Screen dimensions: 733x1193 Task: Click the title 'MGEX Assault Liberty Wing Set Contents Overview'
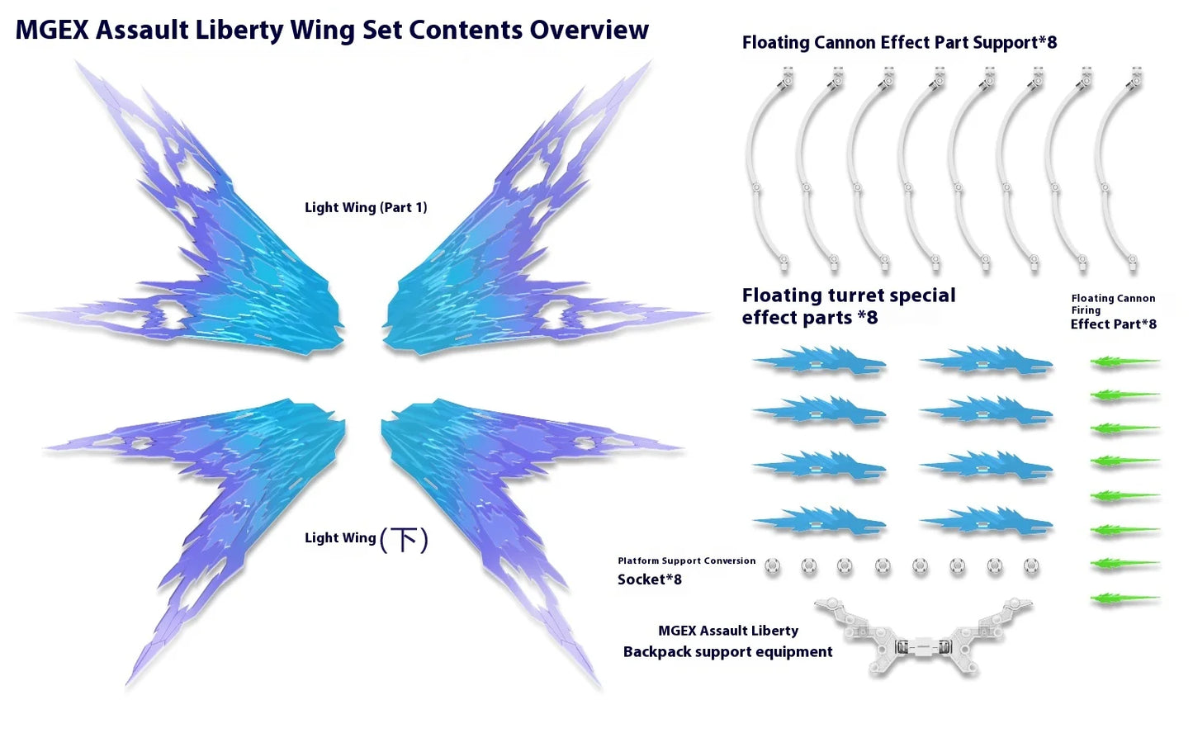pos(332,30)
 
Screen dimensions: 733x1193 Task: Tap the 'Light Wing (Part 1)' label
pos(366,207)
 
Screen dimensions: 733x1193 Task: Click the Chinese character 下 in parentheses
pos(404,540)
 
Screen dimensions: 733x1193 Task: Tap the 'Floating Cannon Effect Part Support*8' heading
pos(899,42)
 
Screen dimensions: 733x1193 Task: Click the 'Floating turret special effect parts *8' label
pos(848,306)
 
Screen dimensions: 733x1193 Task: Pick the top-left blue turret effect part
pos(820,362)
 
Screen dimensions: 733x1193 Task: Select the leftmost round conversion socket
pos(772,565)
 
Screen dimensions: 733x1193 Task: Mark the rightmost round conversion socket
pos(1031,565)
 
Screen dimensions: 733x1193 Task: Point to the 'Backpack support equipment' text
pos(727,651)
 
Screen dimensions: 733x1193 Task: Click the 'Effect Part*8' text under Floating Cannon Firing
pos(1113,324)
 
